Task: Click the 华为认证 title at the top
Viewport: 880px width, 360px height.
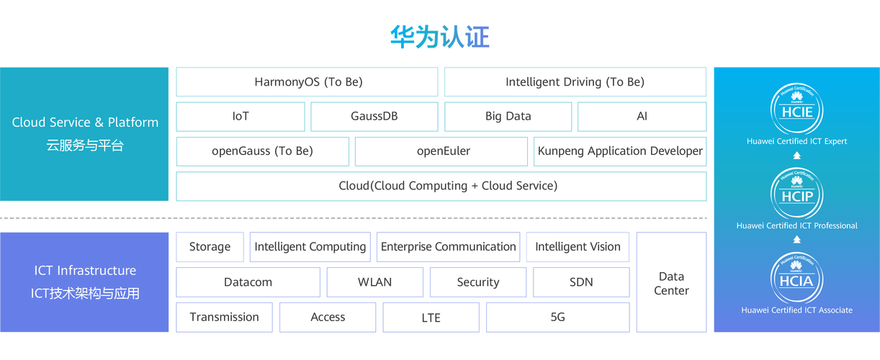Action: (440, 37)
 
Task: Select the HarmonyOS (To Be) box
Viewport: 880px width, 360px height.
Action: (307, 81)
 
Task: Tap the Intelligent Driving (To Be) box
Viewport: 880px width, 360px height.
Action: (575, 81)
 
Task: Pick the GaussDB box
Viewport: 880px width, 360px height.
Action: (374, 117)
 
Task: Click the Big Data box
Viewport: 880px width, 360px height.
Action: (508, 117)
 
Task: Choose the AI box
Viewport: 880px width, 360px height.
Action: (642, 117)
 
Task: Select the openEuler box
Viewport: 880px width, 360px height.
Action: (441, 151)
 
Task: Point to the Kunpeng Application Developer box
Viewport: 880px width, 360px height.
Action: (620, 151)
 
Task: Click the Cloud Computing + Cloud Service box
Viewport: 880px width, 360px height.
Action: (441, 186)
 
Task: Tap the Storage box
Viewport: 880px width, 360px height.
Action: (210, 247)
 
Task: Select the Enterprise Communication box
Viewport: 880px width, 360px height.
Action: (448, 247)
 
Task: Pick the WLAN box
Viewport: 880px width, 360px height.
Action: (374, 282)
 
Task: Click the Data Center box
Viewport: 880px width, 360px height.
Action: (671, 282)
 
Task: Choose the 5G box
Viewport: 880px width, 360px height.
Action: (558, 318)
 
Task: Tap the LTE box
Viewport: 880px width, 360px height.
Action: (431, 318)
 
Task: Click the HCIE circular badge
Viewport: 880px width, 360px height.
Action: (796, 109)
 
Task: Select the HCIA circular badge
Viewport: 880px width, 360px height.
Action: (796, 279)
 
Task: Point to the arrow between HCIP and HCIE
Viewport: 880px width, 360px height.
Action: (796, 156)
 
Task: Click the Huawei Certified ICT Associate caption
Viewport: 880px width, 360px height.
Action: (796, 310)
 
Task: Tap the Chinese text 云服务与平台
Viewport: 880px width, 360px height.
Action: (85, 145)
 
